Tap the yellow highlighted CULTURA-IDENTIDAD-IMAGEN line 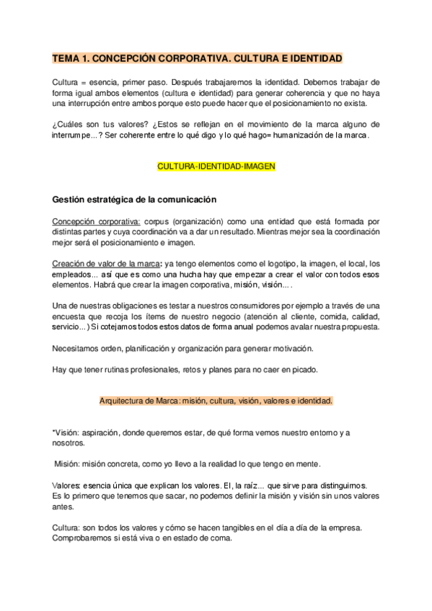pos(216,166)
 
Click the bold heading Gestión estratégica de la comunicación pos(134,199)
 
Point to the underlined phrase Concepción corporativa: pos(97,221)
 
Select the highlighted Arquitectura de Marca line pos(216,400)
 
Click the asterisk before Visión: pos(54,432)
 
